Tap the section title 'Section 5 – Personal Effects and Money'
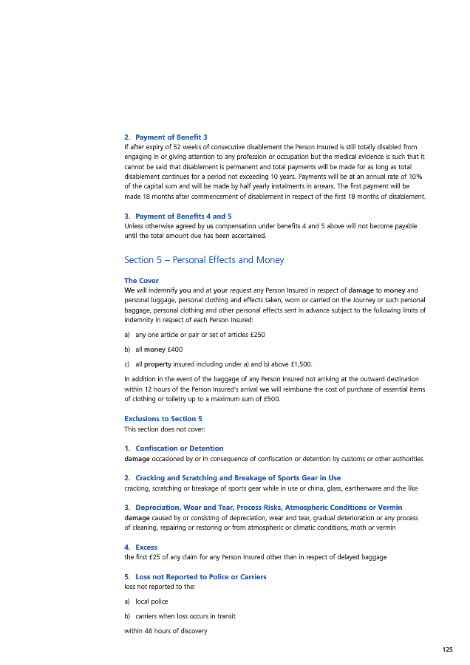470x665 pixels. (204, 260)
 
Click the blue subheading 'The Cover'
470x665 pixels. (141, 281)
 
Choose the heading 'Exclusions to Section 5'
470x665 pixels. (163, 419)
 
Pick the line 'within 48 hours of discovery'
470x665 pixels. (166, 631)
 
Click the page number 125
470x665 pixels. (447, 649)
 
